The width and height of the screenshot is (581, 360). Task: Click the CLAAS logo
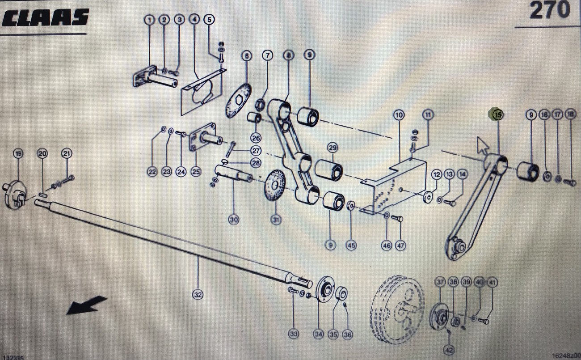coord(45,18)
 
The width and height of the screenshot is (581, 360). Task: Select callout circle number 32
coord(198,294)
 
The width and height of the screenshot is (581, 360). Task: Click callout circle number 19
coord(18,154)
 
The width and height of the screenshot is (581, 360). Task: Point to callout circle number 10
coord(399,115)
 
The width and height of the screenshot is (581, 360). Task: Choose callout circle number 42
coord(448,349)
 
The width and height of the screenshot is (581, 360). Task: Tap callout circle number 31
coord(277,220)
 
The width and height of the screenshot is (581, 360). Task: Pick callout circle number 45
coord(351,245)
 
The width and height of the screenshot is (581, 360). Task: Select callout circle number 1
coord(149,20)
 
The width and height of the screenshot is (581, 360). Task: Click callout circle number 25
coord(195,171)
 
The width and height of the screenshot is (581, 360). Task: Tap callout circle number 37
coord(440,282)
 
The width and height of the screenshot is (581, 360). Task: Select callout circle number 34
coord(318,334)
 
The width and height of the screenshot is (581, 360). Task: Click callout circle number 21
coord(67,154)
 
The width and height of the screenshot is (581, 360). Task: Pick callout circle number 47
coord(400,245)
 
